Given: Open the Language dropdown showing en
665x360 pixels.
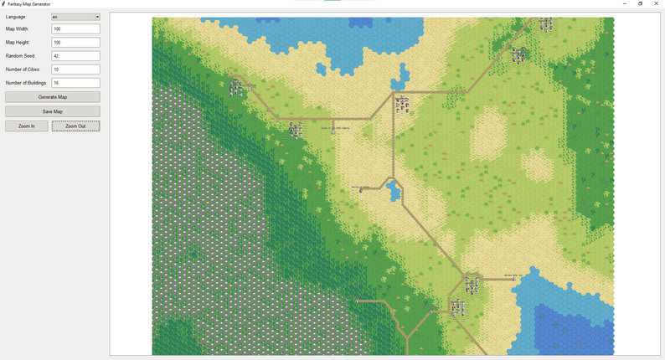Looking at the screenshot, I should [75, 17].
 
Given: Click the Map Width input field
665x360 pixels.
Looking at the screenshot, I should [75, 29].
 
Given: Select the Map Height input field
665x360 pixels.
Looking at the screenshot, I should [75, 43].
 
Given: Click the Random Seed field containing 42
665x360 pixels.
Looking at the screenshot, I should [75, 56].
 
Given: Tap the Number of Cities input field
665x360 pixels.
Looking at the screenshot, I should [75, 69].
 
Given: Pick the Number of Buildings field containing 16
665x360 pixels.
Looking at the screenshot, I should [75, 83].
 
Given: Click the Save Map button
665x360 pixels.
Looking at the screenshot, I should [52, 111].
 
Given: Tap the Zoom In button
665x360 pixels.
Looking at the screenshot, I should [27, 126].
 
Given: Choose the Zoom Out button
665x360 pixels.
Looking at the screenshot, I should [75, 126].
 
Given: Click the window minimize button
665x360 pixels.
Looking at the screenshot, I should [625, 3].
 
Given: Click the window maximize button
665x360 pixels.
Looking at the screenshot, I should [641, 3].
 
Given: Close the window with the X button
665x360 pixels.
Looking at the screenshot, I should [657, 3].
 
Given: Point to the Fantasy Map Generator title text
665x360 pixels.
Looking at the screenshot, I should [28, 4].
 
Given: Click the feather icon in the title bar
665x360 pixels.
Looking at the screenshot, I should [3, 4].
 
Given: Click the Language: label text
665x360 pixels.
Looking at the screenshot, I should [16, 17].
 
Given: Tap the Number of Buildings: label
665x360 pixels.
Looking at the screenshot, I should [27, 83].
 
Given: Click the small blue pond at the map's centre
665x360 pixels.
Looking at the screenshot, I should [394, 193].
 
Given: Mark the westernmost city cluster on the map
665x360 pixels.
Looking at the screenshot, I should [238, 87].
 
